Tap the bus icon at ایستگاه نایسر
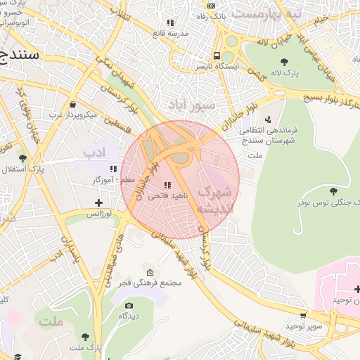(218, 56)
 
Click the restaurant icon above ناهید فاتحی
(167, 185)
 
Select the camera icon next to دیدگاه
(128, 305)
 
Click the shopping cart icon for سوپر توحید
(303, 316)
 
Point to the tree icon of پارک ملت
(86, 337)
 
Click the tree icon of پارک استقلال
(23, 158)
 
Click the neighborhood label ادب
(93, 150)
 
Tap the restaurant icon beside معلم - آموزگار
(113, 169)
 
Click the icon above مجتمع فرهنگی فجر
(149, 272)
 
